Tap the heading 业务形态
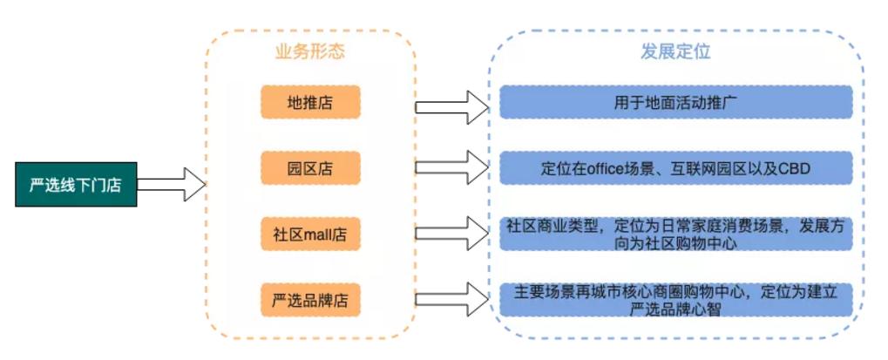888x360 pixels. [310, 51]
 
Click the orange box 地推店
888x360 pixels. [310, 102]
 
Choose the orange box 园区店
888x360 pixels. [310, 167]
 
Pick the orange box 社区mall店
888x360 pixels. [310, 234]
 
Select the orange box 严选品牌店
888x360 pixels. [310, 301]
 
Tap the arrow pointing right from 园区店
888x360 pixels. [453, 166]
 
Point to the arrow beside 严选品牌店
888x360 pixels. [453, 298]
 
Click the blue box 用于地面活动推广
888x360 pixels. [675, 102]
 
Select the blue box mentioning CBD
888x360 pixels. [675, 167]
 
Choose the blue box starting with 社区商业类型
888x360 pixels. [675, 234]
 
